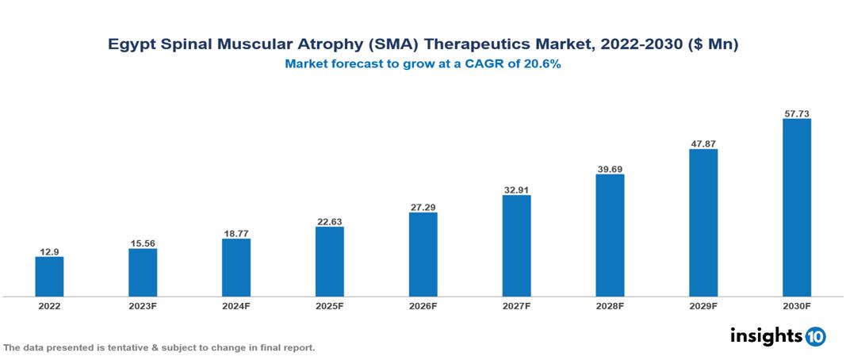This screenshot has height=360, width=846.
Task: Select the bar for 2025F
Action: pos(329,262)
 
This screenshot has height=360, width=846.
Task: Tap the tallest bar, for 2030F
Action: pos(796,208)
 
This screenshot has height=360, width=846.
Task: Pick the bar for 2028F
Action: pos(610,236)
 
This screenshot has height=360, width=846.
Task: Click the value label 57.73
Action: pos(796,113)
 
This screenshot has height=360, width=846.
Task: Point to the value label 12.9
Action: pos(49,251)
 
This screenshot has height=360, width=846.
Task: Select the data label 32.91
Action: pos(516,190)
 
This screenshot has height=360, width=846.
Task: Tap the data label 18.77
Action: pos(236,233)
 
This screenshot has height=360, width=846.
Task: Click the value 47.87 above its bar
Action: pos(703,144)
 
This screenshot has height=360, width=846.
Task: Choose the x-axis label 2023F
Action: pos(143,306)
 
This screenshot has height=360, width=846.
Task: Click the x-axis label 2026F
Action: pos(423,306)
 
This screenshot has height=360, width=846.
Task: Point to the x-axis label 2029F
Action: pos(703,306)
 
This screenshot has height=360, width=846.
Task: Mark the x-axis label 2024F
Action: pos(236,306)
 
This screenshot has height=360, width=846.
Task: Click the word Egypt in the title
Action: pos(131,45)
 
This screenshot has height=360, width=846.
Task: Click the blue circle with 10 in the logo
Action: pos(815,336)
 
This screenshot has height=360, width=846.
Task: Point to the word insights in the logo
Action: pos(765,335)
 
